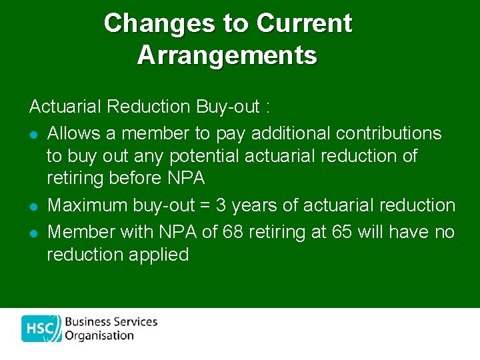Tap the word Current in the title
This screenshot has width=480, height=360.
point(304,23)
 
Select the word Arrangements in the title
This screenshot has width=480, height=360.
point(227,55)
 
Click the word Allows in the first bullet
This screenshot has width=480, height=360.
point(73,133)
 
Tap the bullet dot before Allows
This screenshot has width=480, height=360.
point(33,135)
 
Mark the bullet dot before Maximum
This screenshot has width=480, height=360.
point(33,207)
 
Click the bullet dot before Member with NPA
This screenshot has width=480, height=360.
point(33,233)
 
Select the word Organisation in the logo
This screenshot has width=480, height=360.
point(99,336)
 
